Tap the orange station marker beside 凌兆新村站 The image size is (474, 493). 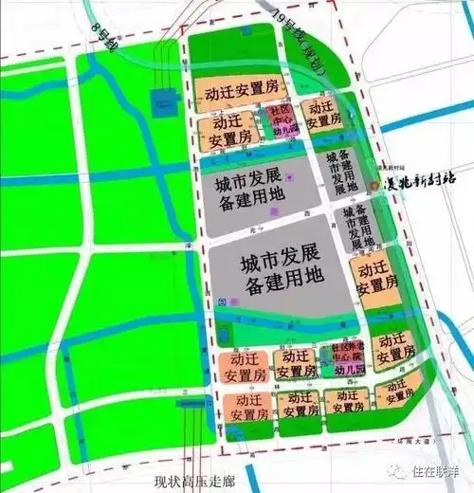374,186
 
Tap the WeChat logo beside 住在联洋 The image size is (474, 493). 403,470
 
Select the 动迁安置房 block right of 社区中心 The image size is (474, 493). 322,116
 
